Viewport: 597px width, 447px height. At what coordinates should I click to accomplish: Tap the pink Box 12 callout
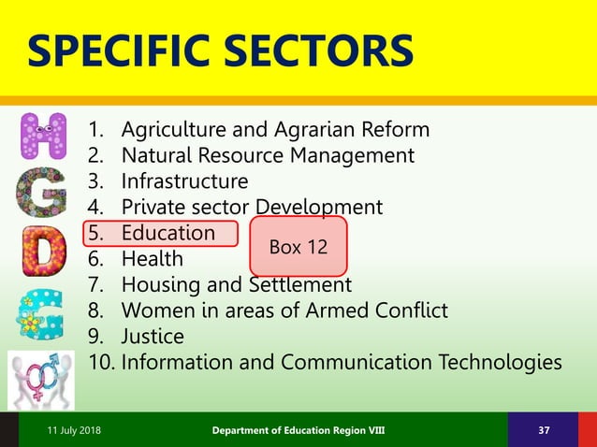point(298,247)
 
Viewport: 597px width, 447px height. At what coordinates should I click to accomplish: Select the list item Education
point(168,233)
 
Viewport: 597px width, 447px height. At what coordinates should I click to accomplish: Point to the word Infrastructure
point(185,180)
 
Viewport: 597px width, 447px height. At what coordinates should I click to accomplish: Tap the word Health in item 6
point(153,258)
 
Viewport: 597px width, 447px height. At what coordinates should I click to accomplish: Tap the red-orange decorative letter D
point(43,249)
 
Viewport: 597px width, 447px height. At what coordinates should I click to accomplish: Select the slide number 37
point(543,430)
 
